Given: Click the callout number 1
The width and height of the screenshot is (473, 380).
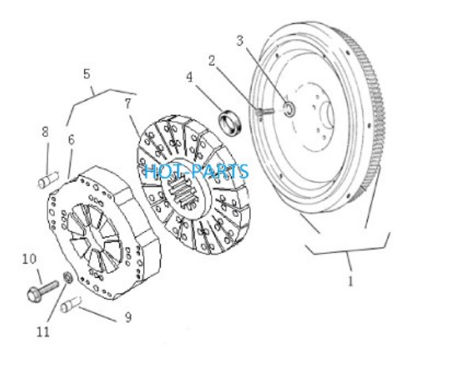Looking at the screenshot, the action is pyautogui.click(x=350, y=281).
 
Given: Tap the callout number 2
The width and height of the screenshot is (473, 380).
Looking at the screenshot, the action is pyautogui.click(x=212, y=61).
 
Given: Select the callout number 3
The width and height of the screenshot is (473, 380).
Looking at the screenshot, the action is pyautogui.click(x=240, y=40).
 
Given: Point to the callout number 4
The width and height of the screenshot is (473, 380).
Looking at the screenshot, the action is pyautogui.click(x=189, y=78).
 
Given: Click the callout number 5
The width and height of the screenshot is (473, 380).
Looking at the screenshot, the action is pyautogui.click(x=86, y=74).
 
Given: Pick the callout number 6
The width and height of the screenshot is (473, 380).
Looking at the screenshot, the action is pyautogui.click(x=71, y=139).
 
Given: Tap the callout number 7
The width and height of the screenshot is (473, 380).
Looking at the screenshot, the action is pyautogui.click(x=128, y=104).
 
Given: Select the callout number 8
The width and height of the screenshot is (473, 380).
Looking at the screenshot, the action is pyautogui.click(x=45, y=132).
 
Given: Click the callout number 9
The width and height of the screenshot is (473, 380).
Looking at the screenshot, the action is pyautogui.click(x=128, y=317).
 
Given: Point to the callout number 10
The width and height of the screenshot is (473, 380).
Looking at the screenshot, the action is pyautogui.click(x=29, y=259).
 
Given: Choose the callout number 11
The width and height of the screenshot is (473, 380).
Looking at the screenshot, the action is pyautogui.click(x=43, y=332).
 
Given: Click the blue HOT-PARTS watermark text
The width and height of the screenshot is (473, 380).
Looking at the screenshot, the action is pyautogui.click(x=196, y=171).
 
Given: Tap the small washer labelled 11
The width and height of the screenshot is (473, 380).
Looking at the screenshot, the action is pyautogui.click(x=68, y=277).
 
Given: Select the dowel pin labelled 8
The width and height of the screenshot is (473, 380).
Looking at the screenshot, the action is pyautogui.click(x=48, y=180).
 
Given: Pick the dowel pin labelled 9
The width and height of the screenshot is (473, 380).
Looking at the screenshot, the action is pyautogui.click(x=71, y=304).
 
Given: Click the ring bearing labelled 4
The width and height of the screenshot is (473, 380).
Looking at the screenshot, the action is pyautogui.click(x=230, y=123).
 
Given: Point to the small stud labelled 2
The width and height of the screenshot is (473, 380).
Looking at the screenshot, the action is pyautogui.click(x=264, y=112).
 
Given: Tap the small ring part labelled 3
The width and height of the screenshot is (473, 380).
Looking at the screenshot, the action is pyautogui.click(x=289, y=108).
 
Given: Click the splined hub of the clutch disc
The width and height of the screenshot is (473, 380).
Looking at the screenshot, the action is pyautogui.click(x=184, y=188).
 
